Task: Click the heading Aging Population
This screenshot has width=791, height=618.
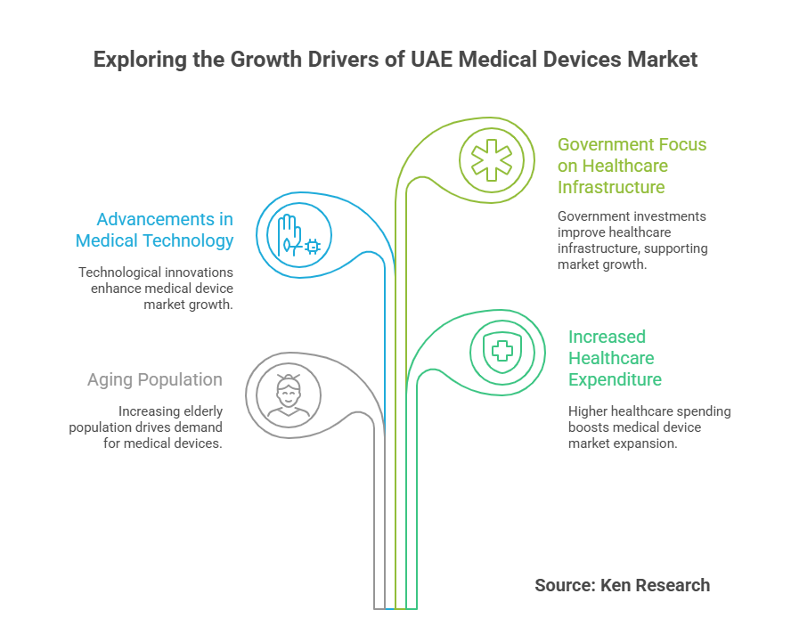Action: pyautogui.click(x=154, y=380)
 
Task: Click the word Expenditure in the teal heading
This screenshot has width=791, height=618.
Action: pyautogui.click(x=615, y=379)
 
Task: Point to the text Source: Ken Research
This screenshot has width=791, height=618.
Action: pyautogui.click(x=622, y=585)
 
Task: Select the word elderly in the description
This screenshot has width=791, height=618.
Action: pyautogui.click(x=202, y=411)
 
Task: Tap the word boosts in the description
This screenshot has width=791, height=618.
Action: pyautogui.click(x=589, y=427)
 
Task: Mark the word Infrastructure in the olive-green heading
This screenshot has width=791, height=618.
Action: pyautogui.click(x=610, y=188)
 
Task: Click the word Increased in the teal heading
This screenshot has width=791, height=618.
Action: pyautogui.click(x=607, y=337)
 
